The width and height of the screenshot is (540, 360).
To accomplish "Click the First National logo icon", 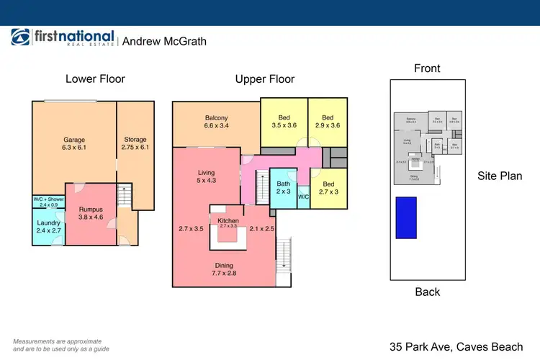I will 20,39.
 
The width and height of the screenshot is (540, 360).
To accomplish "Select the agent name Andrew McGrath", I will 164,41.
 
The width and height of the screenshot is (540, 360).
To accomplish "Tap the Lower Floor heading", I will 95,78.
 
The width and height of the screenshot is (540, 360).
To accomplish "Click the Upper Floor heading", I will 265,79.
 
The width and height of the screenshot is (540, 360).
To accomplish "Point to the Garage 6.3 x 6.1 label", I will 74,143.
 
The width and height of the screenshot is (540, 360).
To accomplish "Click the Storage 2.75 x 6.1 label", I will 135,143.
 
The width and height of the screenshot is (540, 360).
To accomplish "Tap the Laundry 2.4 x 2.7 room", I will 48,227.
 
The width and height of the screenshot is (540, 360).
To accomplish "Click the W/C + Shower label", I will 49,202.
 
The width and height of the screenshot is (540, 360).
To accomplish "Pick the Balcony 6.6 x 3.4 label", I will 216,122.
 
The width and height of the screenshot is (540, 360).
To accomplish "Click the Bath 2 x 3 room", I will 283,188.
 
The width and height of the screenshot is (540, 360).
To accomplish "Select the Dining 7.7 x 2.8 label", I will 224,269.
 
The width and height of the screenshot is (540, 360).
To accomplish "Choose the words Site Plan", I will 499,176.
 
